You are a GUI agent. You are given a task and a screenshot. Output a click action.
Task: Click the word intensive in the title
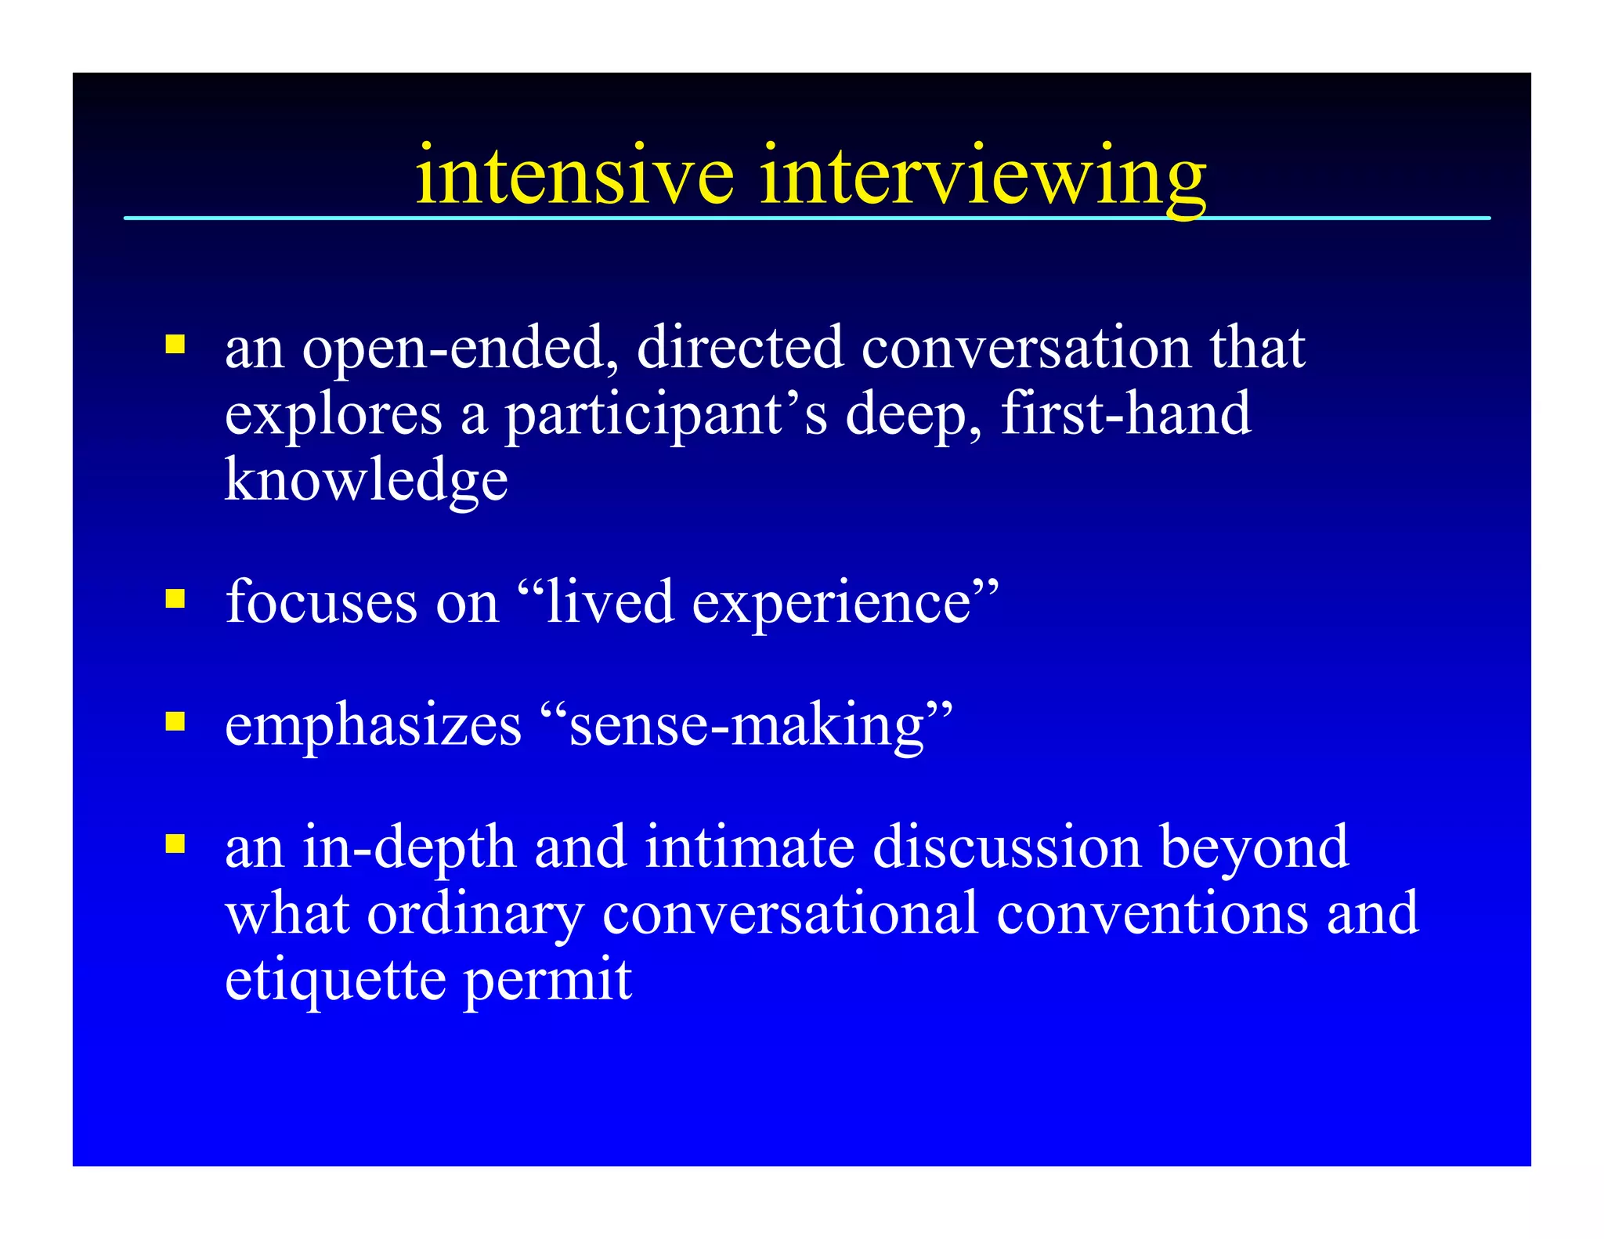click(x=574, y=175)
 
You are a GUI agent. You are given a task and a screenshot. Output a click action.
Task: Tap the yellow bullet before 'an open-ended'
click(x=175, y=345)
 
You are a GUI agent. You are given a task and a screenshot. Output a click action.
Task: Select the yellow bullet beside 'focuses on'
click(x=175, y=599)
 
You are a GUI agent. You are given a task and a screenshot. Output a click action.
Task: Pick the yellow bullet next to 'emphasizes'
click(x=175, y=721)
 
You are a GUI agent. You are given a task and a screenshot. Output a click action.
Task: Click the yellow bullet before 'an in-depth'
click(x=175, y=843)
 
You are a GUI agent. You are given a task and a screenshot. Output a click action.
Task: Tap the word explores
click(x=333, y=415)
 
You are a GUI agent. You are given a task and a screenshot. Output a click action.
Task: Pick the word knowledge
click(x=366, y=480)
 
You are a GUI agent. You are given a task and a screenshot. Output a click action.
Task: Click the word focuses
click(x=321, y=602)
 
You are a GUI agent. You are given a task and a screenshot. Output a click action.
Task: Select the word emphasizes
click(x=373, y=725)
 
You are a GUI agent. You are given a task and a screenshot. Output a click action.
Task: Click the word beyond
click(x=1254, y=848)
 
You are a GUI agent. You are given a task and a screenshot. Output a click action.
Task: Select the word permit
click(x=547, y=981)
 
